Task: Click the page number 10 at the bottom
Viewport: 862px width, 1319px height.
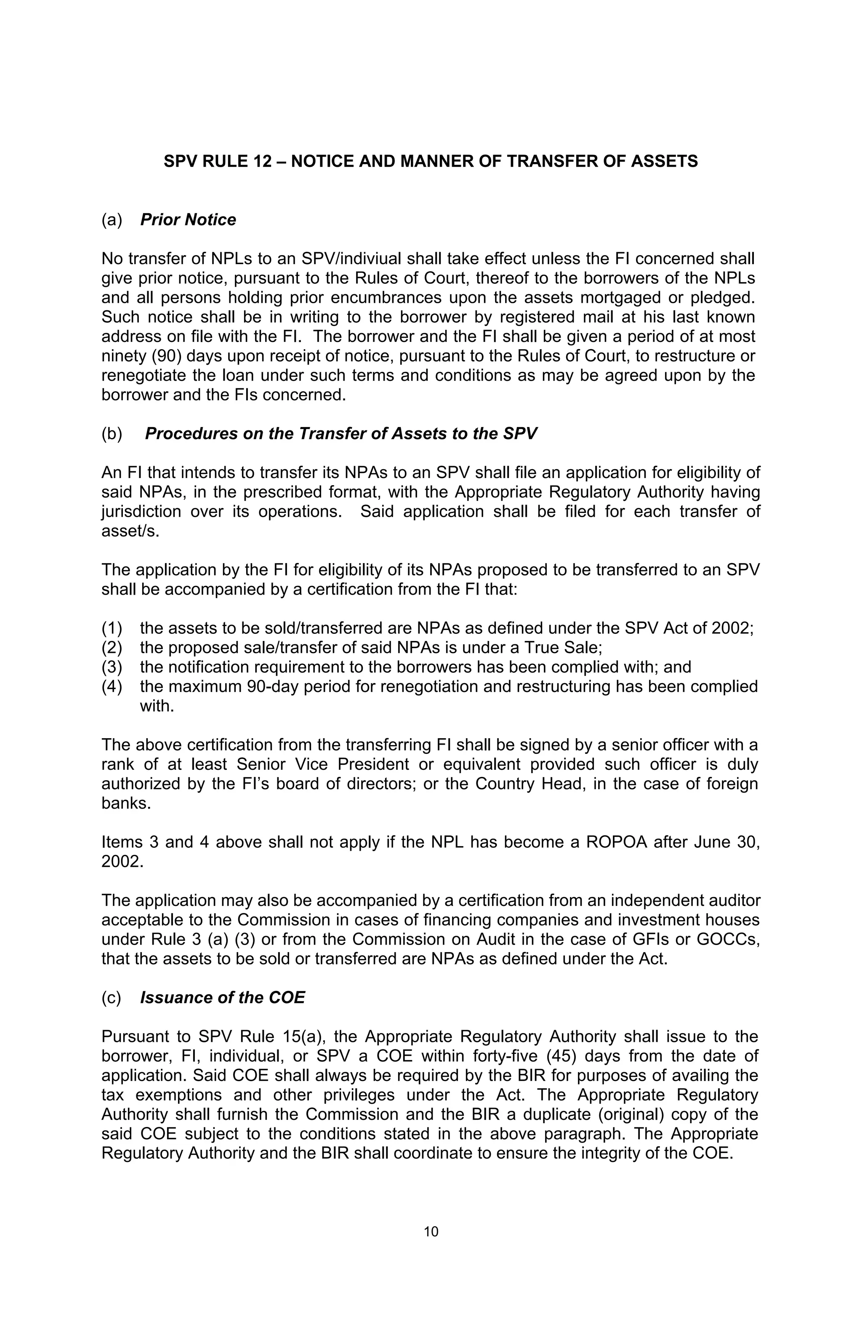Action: click(x=431, y=1231)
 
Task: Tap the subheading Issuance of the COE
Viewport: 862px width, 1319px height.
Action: click(x=222, y=998)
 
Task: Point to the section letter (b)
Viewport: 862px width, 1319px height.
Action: click(x=112, y=433)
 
